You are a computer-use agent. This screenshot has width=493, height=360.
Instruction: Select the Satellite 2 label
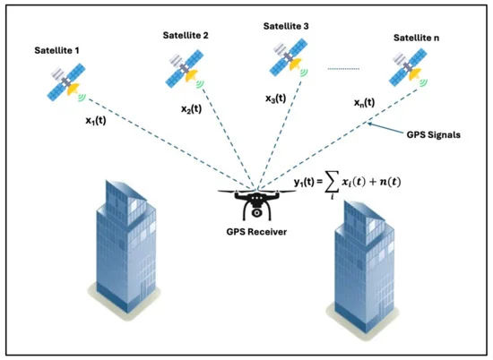tap(186, 35)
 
